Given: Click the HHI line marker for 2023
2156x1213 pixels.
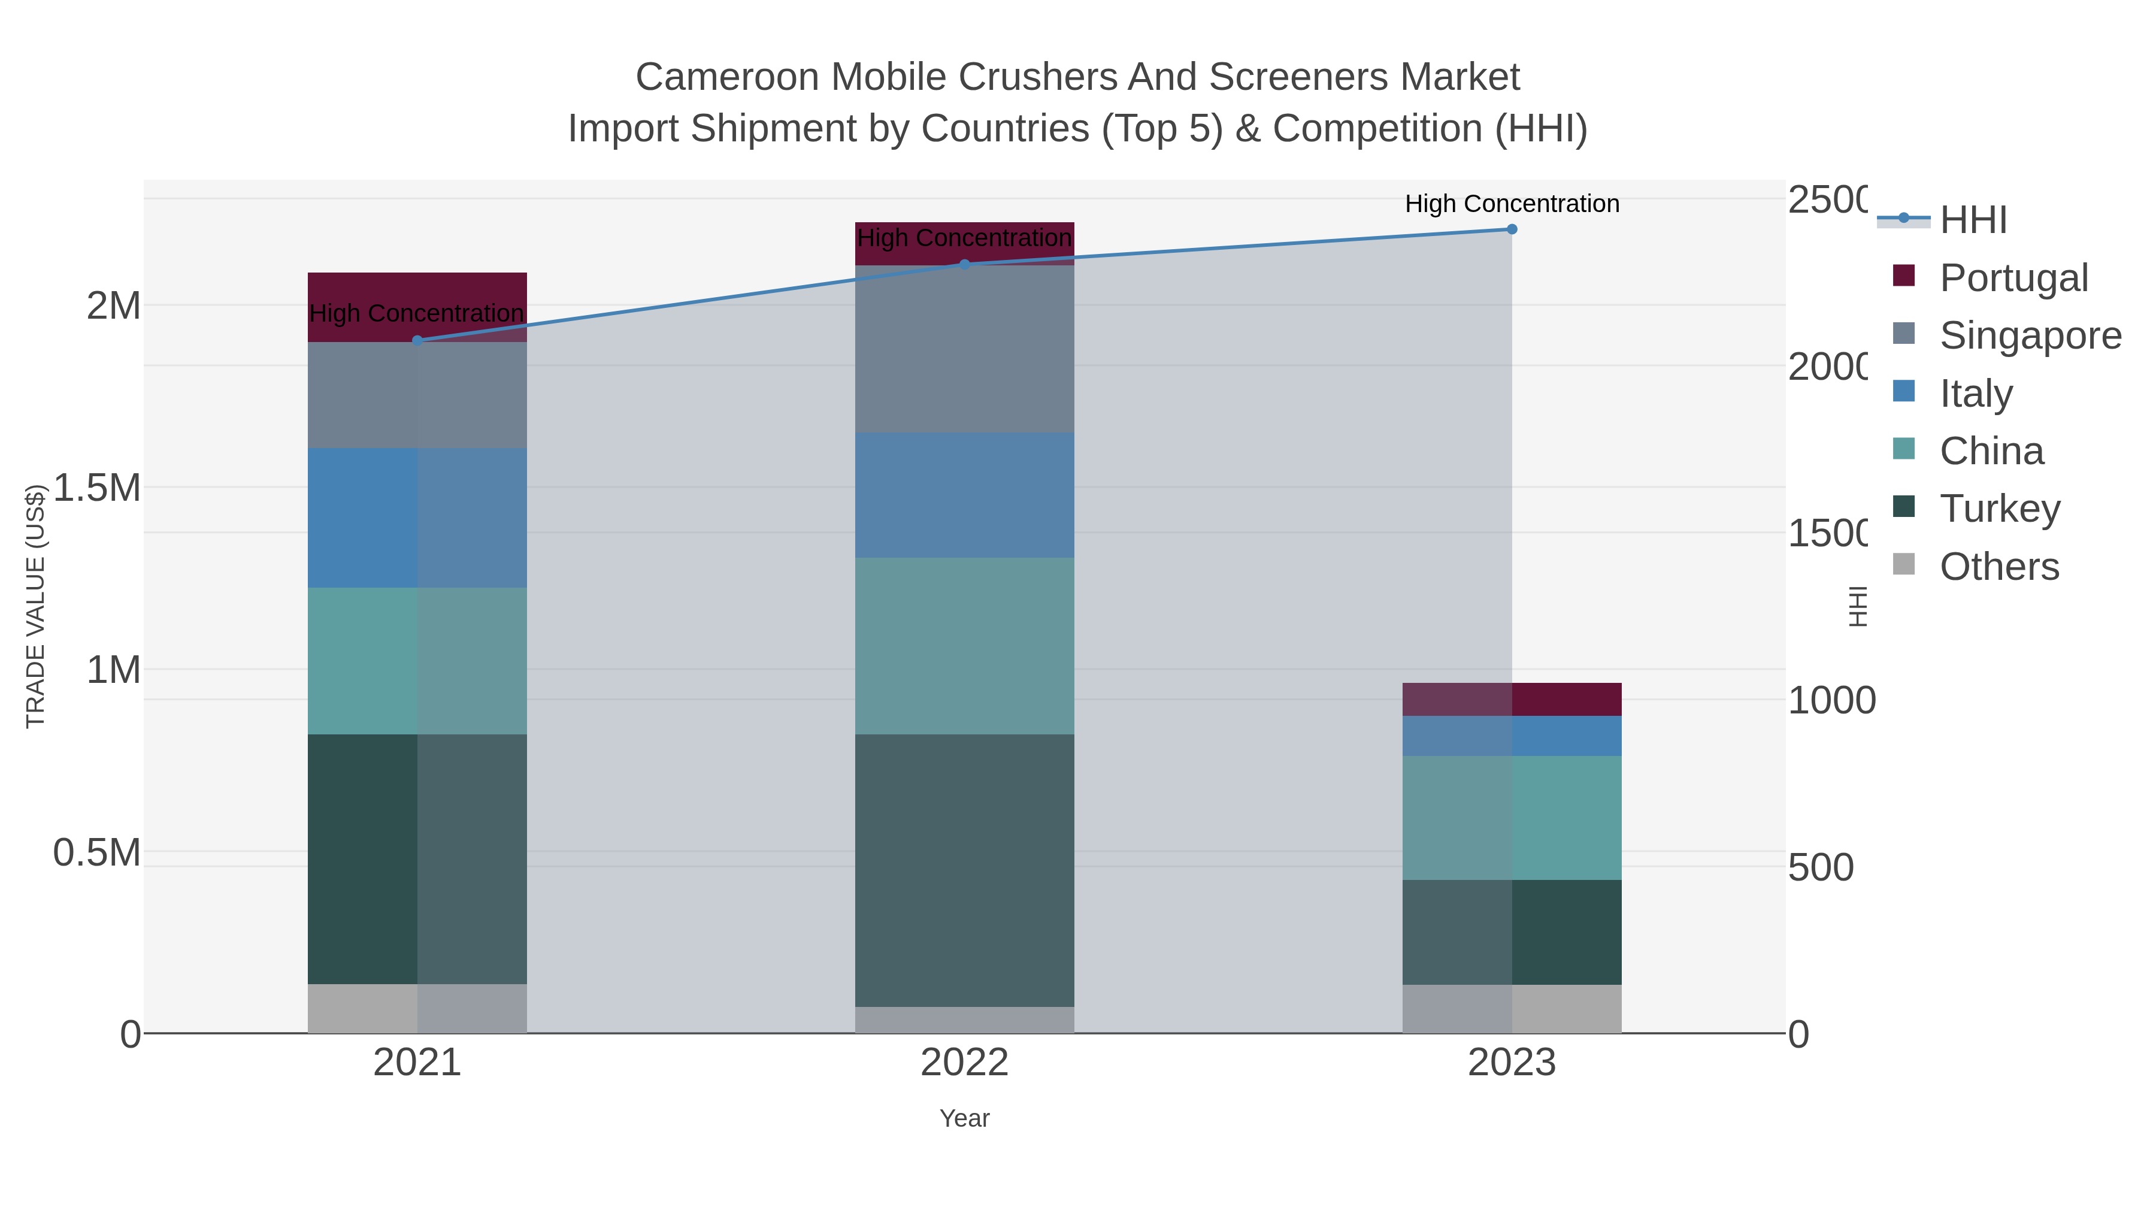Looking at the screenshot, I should [1512, 229].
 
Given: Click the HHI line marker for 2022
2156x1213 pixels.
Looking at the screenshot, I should [964, 265].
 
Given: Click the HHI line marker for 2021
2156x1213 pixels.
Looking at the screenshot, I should [417, 341].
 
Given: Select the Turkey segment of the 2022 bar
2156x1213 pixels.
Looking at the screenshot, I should [964, 870].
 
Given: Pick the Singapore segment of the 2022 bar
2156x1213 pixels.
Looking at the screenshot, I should [964, 349].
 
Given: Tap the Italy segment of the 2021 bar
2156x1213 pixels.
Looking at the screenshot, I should [417, 518].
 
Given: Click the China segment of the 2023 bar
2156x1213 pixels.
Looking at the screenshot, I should [1512, 818].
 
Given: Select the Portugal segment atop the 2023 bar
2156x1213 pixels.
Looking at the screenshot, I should [1512, 699].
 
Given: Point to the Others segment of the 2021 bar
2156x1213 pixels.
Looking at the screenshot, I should [417, 1008].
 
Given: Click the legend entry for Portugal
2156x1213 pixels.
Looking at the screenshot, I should [2013, 278].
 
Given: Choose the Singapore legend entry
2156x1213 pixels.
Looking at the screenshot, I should [2030, 335].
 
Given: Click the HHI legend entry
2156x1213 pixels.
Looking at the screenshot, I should [1973, 220].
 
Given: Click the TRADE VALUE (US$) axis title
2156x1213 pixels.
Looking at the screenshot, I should [35, 606].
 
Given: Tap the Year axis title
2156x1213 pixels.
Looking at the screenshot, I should [964, 1118].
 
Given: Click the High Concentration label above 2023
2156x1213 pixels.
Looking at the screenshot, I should [1512, 204].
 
